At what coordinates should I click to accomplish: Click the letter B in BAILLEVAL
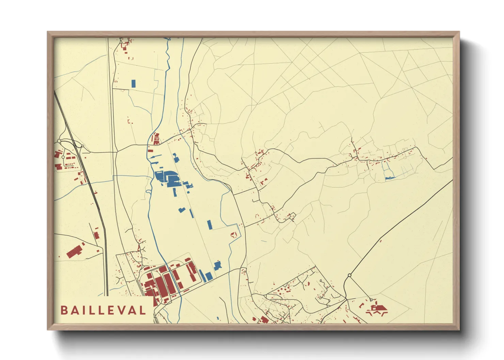(64, 310)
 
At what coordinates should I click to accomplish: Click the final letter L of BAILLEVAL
(142, 310)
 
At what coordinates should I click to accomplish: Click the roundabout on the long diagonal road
(349, 275)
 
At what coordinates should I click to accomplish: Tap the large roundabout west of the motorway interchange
(59, 141)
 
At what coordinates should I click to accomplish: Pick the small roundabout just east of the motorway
(83, 147)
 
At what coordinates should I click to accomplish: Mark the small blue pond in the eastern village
(389, 178)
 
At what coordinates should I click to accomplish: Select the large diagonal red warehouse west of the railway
(75, 251)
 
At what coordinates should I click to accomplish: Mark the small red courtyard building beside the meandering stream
(234, 235)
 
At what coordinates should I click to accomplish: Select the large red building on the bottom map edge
(263, 320)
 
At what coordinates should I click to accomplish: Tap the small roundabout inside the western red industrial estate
(63, 157)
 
